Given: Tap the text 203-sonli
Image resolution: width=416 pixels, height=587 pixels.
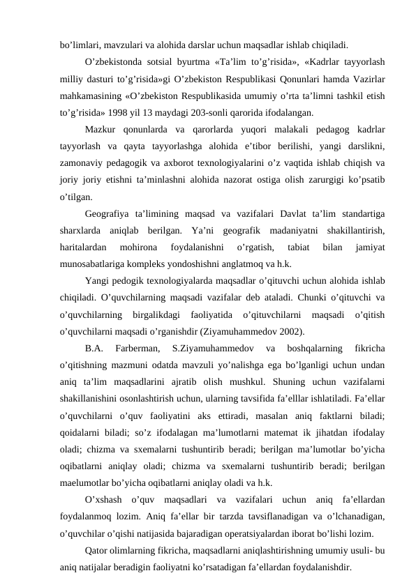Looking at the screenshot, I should click(209, 112).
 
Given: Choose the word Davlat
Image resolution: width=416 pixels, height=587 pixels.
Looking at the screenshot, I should click(292, 213).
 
